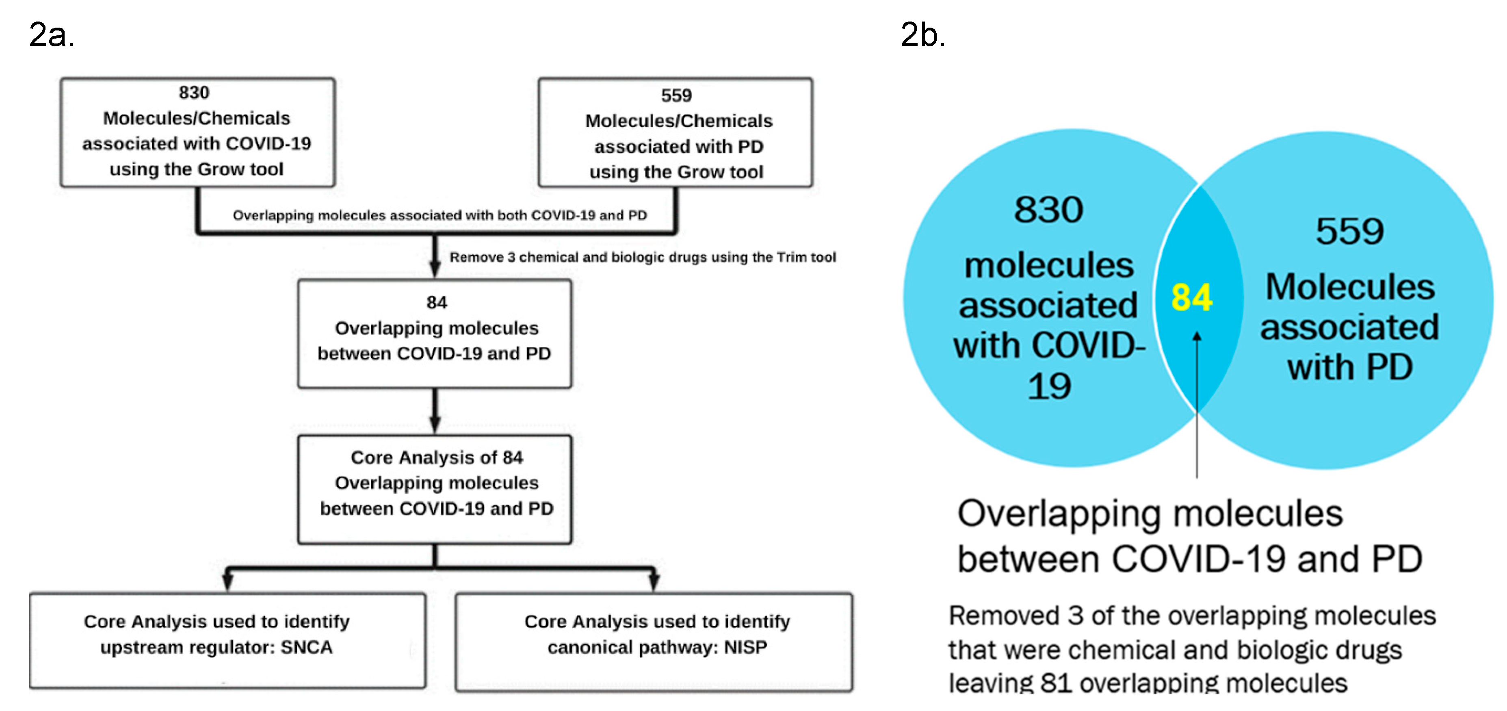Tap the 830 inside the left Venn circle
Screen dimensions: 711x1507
(1048, 210)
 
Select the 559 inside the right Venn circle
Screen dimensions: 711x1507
(1350, 231)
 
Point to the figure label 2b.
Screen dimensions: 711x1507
(922, 35)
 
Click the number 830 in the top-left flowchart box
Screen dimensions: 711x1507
(194, 93)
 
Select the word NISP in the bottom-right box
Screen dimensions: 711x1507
(745, 647)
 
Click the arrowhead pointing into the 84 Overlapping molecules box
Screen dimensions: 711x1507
(435, 270)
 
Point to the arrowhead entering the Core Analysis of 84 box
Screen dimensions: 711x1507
(435, 425)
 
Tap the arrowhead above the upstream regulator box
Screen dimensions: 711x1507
(227, 582)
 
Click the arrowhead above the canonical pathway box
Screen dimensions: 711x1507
(654, 582)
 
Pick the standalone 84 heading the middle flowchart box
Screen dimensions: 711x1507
(436, 303)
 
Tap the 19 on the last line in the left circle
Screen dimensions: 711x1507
(1049, 386)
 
